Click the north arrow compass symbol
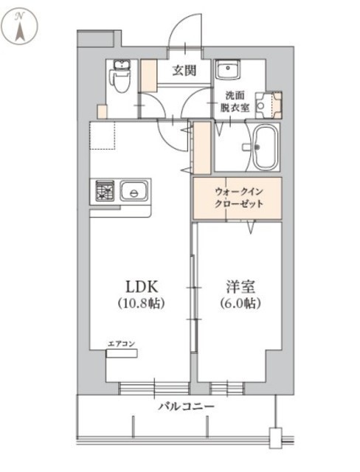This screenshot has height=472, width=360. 20,27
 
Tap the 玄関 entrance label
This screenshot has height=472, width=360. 184,71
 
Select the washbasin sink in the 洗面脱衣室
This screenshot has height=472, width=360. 227,69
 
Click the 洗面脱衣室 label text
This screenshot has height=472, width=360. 235,102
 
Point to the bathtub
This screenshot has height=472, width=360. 265,147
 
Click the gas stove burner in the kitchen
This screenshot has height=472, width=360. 105,191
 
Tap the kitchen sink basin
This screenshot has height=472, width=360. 134,191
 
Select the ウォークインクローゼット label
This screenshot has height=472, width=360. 239,198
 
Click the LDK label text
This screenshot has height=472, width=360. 142,287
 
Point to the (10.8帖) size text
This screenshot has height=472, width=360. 141,303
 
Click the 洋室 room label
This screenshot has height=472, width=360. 240,287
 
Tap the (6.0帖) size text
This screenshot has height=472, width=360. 240,303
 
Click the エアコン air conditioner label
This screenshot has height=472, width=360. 121,344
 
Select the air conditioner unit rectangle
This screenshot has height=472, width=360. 122,353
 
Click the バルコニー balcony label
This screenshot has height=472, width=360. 187,406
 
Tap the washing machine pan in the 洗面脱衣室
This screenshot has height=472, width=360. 269,105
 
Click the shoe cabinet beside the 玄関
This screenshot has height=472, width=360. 149,75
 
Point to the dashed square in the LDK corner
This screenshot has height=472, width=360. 103,136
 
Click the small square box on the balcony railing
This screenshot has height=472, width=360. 275,438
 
